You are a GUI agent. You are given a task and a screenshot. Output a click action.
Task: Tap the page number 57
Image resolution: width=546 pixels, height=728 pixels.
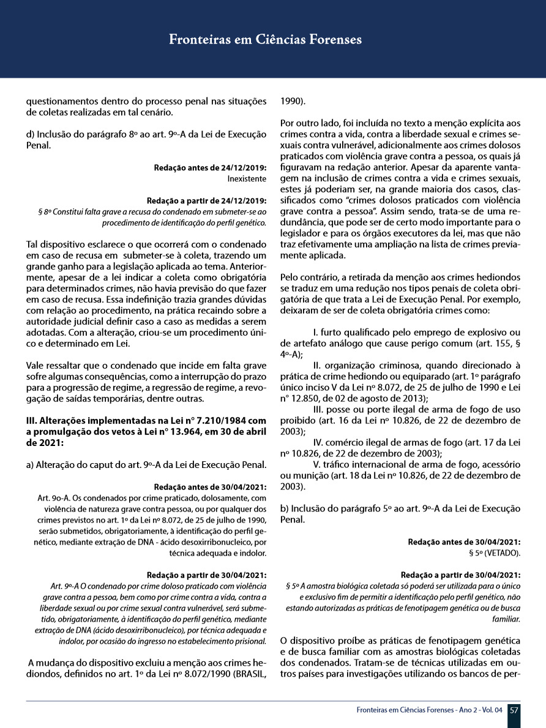[x=514, y=710]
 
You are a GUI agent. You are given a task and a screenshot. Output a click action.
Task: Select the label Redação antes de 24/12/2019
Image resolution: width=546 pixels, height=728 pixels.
[x=211, y=168]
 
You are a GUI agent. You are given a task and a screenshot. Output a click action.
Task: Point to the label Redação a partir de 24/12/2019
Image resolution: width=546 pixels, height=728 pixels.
[x=207, y=201]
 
